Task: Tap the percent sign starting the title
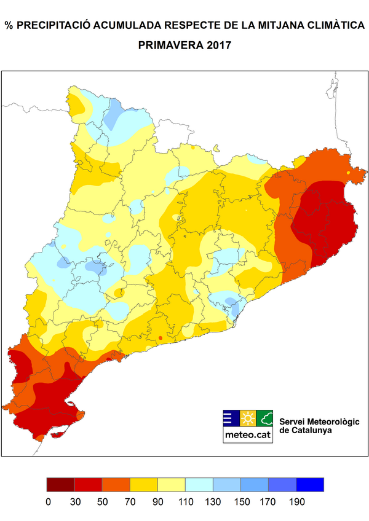9,25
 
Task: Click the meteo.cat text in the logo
247,434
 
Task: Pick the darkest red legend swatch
60,485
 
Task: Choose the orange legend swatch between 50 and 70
116,485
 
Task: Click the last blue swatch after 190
310,485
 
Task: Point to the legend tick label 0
47,502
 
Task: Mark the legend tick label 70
130,502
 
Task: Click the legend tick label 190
296,502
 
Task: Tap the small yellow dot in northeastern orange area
349,173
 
